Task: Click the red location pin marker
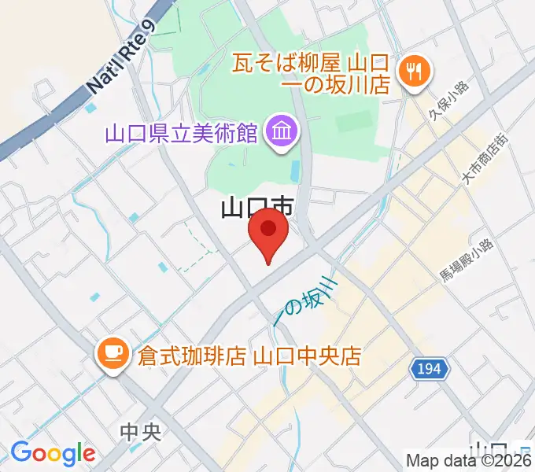(x=268, y=235)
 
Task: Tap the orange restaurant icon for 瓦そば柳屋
(x=412, y=73)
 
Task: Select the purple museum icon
(x=279, y=132)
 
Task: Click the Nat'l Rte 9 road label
(x=117, y=59)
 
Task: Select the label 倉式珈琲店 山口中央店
(x=249, y=356)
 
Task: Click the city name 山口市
(x=256, y=209)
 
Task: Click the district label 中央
(x=141, y=432)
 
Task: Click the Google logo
(x=53, y=454)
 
